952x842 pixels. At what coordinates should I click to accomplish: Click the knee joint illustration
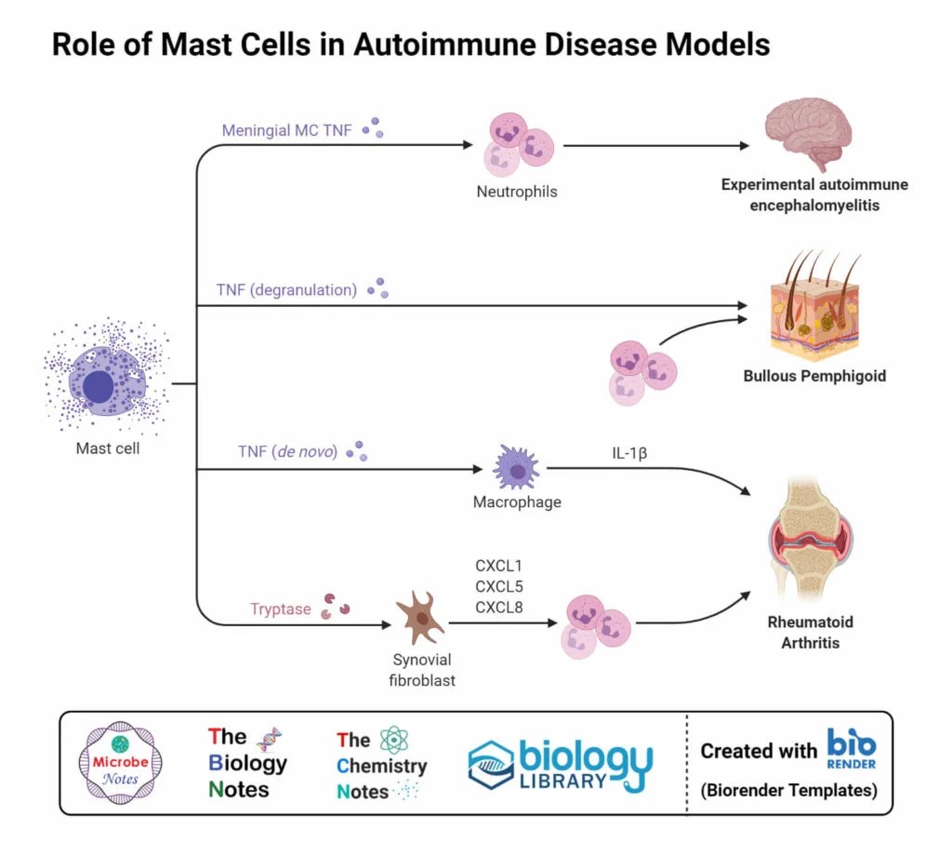point(810,541)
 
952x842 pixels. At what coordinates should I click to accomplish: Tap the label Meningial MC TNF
point(286,130)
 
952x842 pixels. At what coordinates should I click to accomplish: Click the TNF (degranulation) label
point(286,289)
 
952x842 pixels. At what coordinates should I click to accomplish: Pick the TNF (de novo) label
point(287,453)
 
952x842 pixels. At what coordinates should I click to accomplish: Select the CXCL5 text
point(500,585)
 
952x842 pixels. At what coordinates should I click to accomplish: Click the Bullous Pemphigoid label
point(813,377)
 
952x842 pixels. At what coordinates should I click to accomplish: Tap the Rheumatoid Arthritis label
point(810,632)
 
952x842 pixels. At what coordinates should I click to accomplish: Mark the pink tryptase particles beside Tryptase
point(336,607)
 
